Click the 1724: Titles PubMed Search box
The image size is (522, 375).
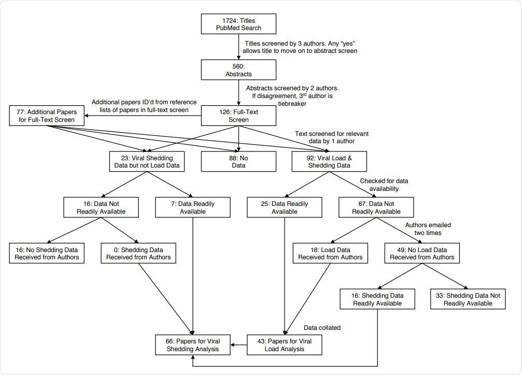[x=238, y=24]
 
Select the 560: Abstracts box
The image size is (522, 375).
[x=238, y=70]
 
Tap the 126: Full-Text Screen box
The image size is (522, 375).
[x=238, y=115]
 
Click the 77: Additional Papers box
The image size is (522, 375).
[x=46, y=115]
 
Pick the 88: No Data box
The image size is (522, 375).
[x=238, y=161]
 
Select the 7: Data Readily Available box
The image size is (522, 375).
[x=193, y=207]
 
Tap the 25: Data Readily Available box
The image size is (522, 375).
[x=284, y=207]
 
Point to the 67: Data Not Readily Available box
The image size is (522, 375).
[x=376, y=207]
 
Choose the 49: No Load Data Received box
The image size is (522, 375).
[x=422, y=253]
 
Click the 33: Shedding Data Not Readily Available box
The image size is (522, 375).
[x=468, y=299]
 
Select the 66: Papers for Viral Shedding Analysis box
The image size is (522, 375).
[x=193, y=345]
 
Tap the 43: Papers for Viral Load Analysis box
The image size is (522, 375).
[x=284, y=345]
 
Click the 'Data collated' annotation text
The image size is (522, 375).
[x=322, y=328]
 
